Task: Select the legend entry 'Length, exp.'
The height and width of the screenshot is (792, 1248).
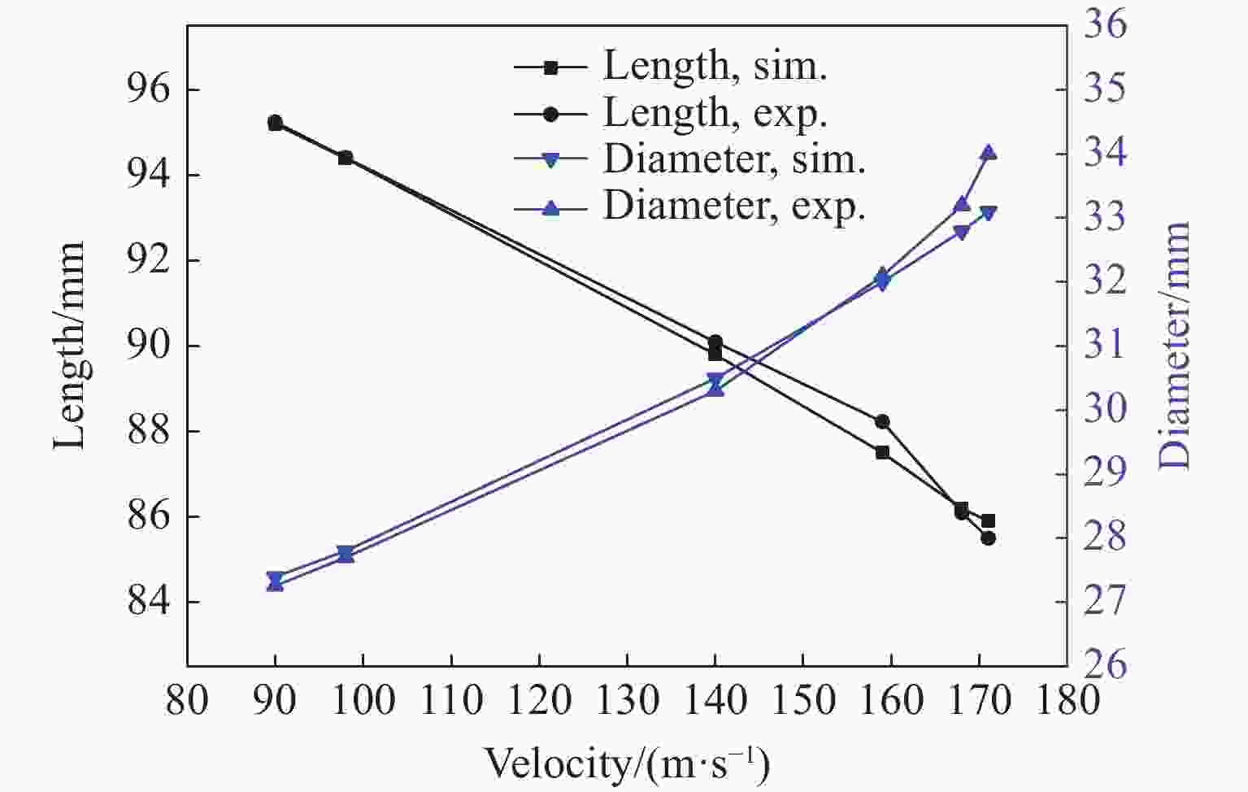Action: (715, 113)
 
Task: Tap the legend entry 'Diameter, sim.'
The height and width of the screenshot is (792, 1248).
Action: (733, 159)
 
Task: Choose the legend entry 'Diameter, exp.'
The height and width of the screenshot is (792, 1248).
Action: (733, 207)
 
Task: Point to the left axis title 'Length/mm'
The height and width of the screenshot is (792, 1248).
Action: (70, 346)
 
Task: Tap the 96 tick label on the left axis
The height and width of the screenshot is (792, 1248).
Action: (149, 89)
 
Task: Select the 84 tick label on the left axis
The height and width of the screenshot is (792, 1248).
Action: (149, 602)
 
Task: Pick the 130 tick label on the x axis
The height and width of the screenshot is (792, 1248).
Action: (627, 700)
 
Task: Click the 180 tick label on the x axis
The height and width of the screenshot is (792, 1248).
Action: (1067, 700)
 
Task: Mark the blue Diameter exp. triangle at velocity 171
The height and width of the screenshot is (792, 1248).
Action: (989, 153)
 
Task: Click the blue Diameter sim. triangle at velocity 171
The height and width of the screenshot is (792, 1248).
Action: (989, 213)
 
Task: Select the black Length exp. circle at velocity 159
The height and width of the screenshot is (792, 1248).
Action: (882, 421)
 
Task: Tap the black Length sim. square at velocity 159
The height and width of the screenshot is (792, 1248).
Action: (882, 452)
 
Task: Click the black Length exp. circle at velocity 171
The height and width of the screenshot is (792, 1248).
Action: (989, 538)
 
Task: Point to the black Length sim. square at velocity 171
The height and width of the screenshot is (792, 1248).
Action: (989, 520)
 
